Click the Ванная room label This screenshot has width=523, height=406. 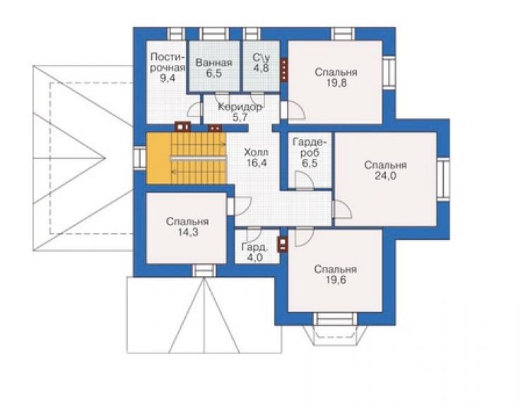(x=213, y=63)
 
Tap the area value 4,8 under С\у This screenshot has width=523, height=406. (x=261, y=68)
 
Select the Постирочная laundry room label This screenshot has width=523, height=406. (x=167, y=62)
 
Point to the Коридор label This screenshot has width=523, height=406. (x=240, y=107)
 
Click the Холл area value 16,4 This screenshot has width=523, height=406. (x=257, y=163)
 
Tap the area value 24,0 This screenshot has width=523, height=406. (x=386, y=176)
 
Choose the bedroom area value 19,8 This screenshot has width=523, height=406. (x=336, y=83)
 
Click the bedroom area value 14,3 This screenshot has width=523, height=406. (x=187, y=232)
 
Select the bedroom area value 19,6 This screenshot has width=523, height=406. (x=336, y=280)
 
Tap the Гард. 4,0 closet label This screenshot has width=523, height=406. (x=254, y=252)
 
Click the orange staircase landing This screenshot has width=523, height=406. (x=159, y=158)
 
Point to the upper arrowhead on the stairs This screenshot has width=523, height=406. (x=224, y=144)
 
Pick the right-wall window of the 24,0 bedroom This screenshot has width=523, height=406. (x=443, y=178)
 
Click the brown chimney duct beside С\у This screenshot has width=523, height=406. (x=284, y=70)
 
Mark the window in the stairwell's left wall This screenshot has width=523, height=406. (x=139, y=157)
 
